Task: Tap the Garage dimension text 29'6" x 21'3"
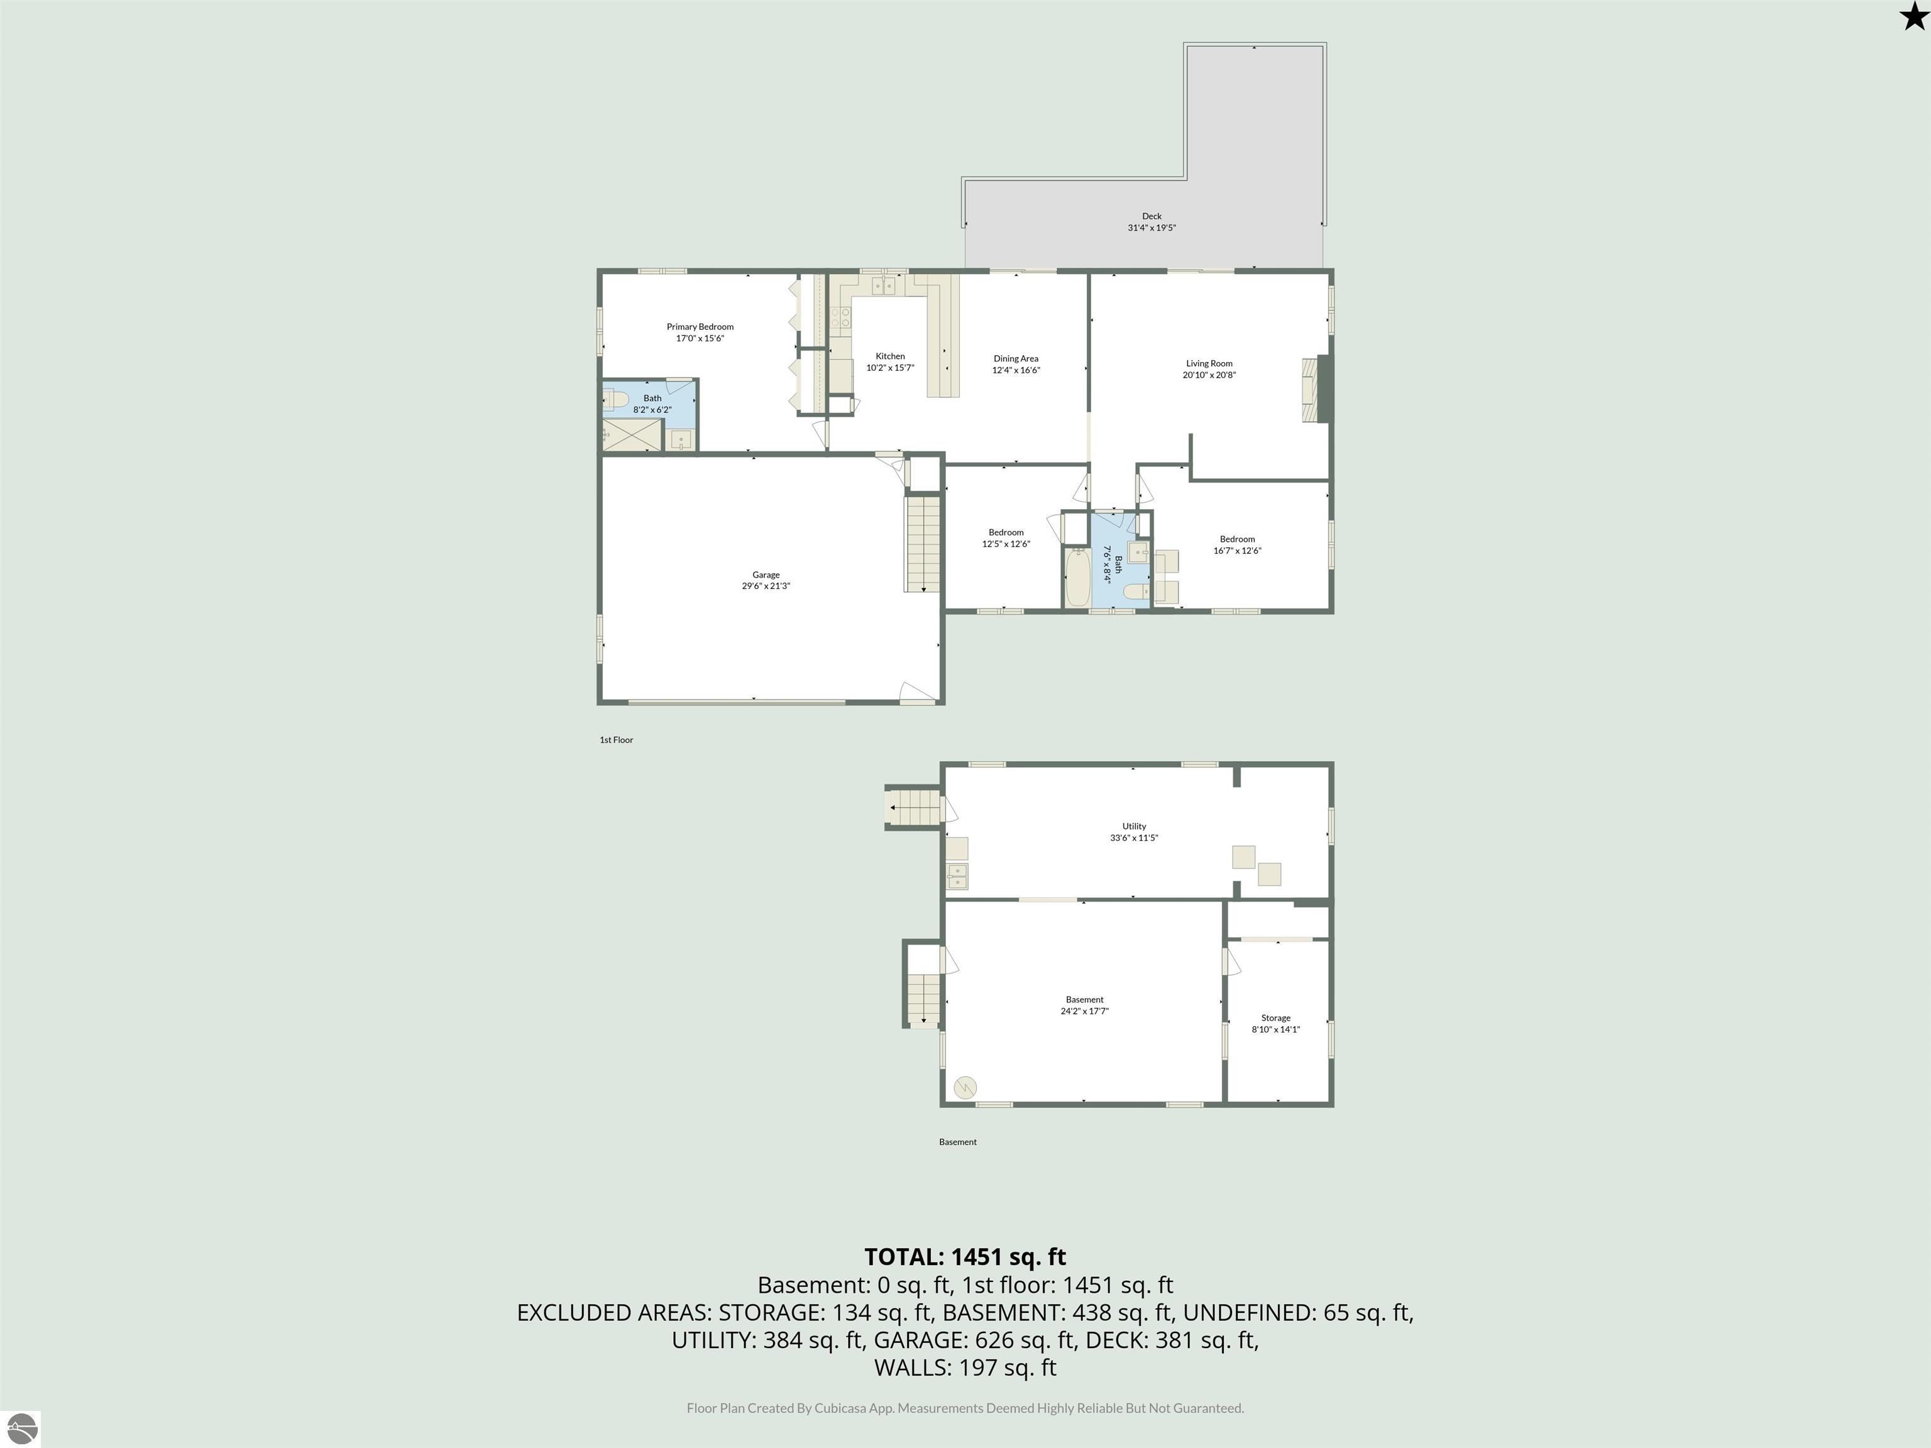(x=766, y=586)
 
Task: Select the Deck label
(x=1152, y=216)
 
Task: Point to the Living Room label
(x=1209, y=364)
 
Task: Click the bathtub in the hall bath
(x=1076, y=576)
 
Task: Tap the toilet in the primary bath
(x=616, y=400)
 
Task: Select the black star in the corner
(x=1913, y=16)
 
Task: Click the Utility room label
(x=1134, y=826)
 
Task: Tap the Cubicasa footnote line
(x=965, y=1408)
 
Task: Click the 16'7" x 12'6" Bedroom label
(x=1237, y=539)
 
